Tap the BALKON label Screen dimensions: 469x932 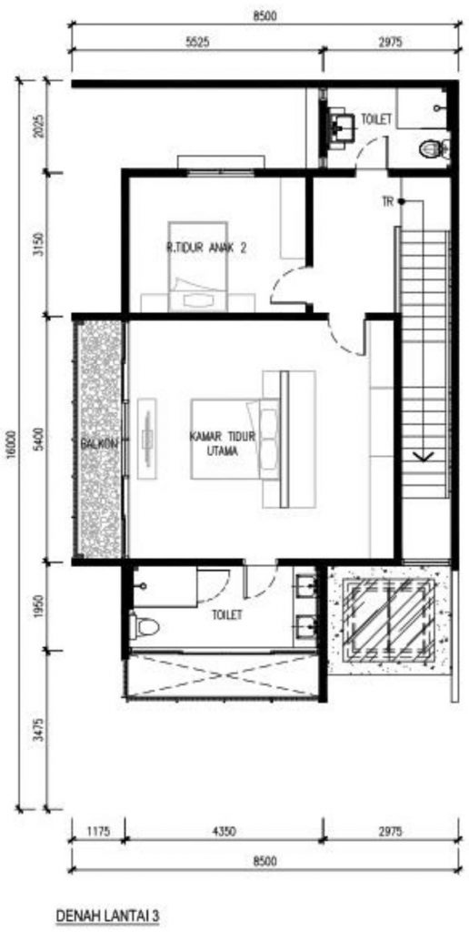coord(102,443)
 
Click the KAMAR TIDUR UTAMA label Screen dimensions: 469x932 coord(223,444)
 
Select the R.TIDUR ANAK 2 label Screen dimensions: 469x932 coord(206,250)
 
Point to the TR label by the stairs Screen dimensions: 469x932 coord(388,202)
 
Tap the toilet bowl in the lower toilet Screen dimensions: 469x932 coord(145,625)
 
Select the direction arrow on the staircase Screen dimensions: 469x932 coord(424,456)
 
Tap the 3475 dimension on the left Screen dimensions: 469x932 coord(38,729)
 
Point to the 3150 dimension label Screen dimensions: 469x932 coord(38,244)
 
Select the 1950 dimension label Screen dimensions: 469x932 coord(38,605)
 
